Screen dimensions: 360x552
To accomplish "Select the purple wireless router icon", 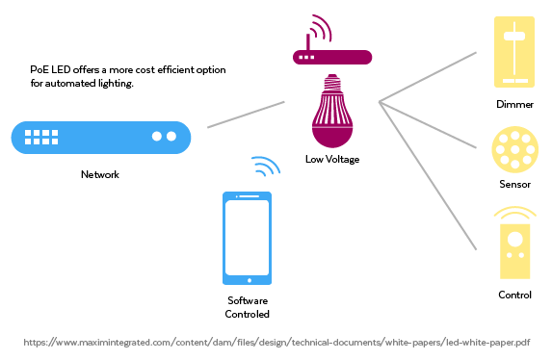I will tap(331, 55).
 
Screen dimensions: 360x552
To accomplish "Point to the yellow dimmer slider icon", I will tap(513, 51).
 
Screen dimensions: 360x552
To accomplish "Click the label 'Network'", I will tap(100, 174).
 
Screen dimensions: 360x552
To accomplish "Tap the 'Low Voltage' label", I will tap(331, 159).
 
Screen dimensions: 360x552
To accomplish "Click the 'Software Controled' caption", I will tap(248, 308).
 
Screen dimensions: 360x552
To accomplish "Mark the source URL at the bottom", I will tap(276, 342).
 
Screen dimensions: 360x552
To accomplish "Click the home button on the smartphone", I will tap(248, 280).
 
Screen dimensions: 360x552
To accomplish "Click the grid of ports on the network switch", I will tap(41, 137).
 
